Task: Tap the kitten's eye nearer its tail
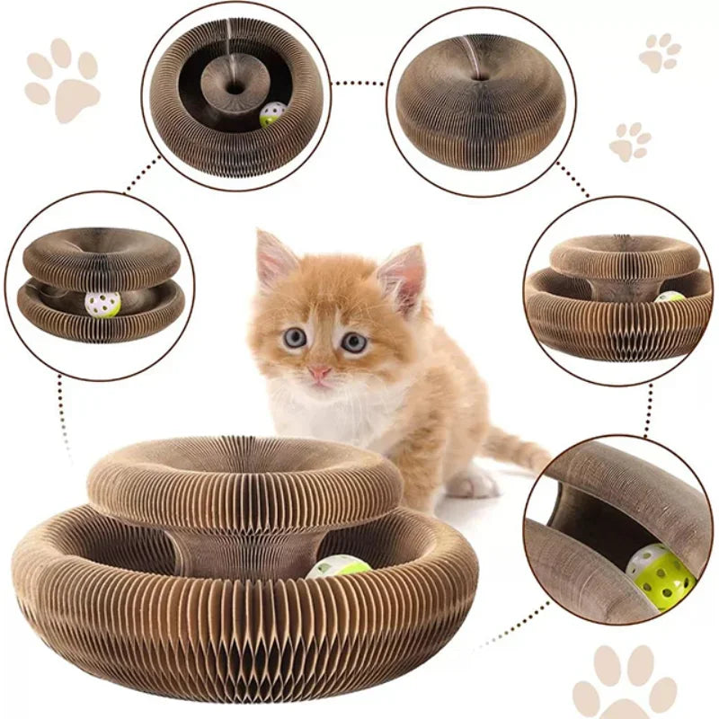(x=353, y=342)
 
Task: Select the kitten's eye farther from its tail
(x=295, y=338)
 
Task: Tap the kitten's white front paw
(x=471, y=485)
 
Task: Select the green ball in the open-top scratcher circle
(x=272, y=114)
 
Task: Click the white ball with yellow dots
(x=102, y=304)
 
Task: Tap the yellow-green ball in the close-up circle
(x=661, y=575)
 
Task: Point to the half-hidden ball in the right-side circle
(x=670, y=296)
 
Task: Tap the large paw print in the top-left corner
(x=62, y=79)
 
